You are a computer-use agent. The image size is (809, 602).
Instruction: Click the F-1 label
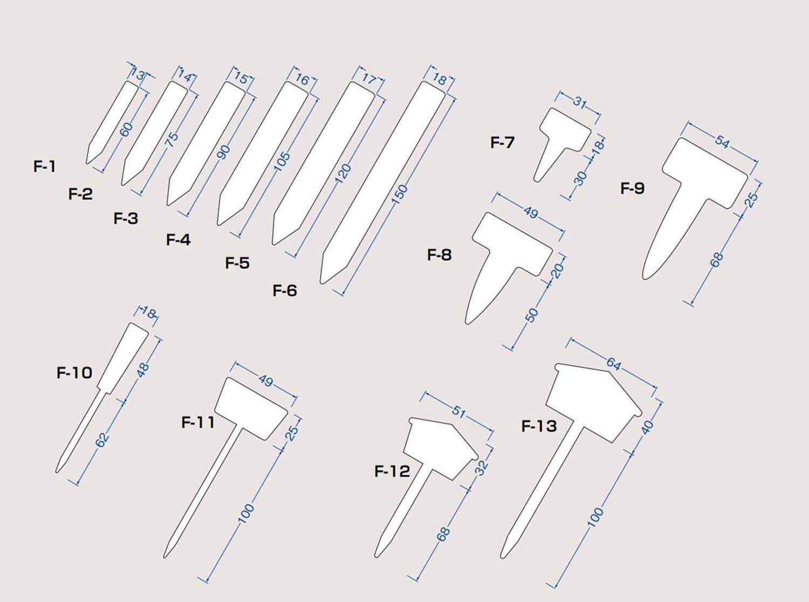(x=45, y=167)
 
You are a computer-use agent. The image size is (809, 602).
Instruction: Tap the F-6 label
(x=285, y=290)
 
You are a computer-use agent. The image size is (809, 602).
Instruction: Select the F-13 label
(x=539, y=426)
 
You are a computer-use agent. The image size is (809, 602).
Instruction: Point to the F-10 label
(x=74, y=372)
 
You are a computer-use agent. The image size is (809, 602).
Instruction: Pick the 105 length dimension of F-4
(x=282, y=162)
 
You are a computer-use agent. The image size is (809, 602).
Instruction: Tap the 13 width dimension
(x=138, y=75)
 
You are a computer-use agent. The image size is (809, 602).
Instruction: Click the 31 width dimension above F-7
(x=579, y=102)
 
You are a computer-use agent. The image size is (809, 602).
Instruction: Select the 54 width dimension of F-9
(x=722, y=141)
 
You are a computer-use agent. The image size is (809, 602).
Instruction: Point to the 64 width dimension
(x=614, y=364)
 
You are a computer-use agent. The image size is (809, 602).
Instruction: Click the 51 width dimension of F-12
(x=459, y=412)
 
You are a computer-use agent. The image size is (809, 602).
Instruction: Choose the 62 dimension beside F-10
(x=102, y=440)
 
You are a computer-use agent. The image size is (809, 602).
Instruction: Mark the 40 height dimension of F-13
(x=647, y=427)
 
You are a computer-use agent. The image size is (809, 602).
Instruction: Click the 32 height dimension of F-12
(x=482, y=468)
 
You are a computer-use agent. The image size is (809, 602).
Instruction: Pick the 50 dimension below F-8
(x=532, y=315)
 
